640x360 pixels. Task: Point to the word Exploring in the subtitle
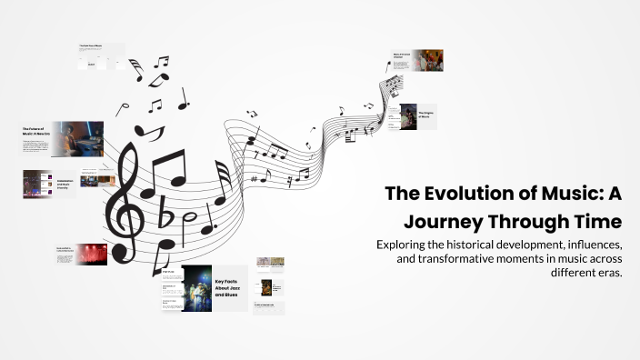click(406, 245)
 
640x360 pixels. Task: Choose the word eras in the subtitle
click(607, 274)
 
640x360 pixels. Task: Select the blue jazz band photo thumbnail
click(196, 288)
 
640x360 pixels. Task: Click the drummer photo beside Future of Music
click(77, 139)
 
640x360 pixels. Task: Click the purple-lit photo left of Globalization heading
click(37, 184)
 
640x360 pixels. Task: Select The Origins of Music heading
click(426, 115)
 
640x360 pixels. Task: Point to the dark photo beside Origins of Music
click(407, 116)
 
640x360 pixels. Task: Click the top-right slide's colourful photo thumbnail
click(428, 60)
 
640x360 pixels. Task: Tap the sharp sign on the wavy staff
click(255, 178)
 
